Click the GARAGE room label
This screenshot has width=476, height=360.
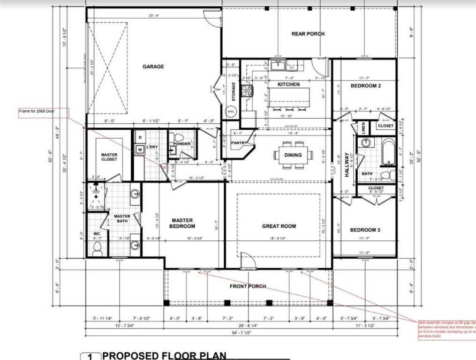pos(153,67)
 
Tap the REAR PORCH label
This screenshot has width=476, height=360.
pos(308,34)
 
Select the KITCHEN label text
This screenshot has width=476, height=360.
pos(288,84)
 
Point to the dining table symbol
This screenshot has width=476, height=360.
pos(293,155)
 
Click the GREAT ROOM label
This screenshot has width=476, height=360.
pos(279,226)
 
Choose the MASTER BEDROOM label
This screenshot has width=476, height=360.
pos(182,223)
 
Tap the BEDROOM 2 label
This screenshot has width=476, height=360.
pos(365,86)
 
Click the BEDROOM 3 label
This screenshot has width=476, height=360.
pos(365,230)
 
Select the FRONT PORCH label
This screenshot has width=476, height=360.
pos(248,286)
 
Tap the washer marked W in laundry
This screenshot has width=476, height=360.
pos(140,150)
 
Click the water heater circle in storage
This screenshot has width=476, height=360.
pos(230,112)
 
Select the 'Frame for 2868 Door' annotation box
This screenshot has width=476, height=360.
pos(42,112)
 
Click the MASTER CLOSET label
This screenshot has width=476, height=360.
pos(109,157)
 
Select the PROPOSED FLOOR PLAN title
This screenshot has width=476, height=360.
pos(164,355)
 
